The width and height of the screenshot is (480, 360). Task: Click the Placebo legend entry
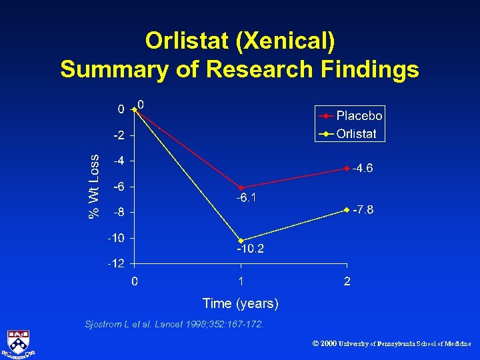tap(359, 116)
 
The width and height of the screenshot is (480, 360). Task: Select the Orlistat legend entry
tap(356, 133)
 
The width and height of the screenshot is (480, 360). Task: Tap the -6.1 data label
tap(247, 198)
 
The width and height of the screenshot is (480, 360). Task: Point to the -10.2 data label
tap(250, 249)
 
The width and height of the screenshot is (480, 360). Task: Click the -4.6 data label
tap(363, 168)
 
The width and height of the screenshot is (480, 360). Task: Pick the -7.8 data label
tap(363, 210)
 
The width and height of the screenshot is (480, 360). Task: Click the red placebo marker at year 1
tap(241, 187)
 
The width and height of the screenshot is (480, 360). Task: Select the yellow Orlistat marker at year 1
tap(241, 241)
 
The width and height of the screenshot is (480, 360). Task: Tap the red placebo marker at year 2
tap(347, 168)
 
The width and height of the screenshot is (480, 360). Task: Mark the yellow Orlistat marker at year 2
tap(347, 209)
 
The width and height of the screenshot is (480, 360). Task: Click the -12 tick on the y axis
tap(117, 264)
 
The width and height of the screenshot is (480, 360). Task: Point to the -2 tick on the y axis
tap(119, 135)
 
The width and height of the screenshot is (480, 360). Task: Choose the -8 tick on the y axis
tap(119, 213)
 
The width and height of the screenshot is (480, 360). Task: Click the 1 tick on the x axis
tap(241, 281)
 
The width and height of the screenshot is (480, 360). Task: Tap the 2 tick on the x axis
tap(347, 281)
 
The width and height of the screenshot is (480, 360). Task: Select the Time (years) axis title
tap(240, 304)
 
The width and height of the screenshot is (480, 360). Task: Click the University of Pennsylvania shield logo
tap(20, 343)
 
